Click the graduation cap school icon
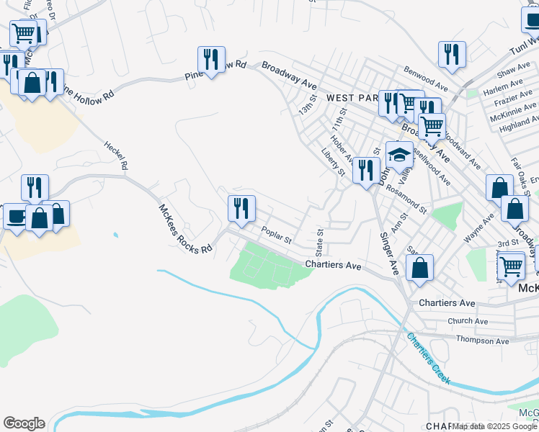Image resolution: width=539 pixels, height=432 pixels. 399,154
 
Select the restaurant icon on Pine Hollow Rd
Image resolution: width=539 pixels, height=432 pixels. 212,60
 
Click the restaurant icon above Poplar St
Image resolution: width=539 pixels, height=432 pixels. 241,208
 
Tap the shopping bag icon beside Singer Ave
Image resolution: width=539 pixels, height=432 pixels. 420,268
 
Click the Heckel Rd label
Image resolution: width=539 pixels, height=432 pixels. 115,156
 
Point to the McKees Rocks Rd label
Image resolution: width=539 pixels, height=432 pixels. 185,228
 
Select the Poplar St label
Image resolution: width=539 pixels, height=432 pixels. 276,235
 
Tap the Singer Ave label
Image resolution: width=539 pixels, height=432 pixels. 388,253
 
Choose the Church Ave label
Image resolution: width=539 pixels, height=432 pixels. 467,321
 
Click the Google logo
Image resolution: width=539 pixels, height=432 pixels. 24,423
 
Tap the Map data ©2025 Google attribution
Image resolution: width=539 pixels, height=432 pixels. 494,426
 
